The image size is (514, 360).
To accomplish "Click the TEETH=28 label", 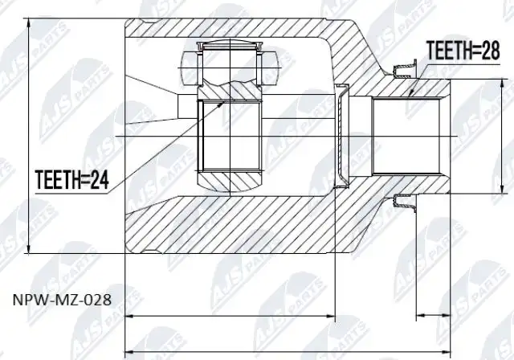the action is [x=463, y=51].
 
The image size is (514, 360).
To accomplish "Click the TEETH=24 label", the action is [x=71, y=179].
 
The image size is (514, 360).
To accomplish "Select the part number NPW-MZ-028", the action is [x=63, y=300].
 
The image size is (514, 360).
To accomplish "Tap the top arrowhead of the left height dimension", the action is [x=29, y=19].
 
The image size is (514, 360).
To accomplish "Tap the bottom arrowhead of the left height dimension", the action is [x=29, y=253].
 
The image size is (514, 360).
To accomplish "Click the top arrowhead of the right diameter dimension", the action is [x=502, y=80].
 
